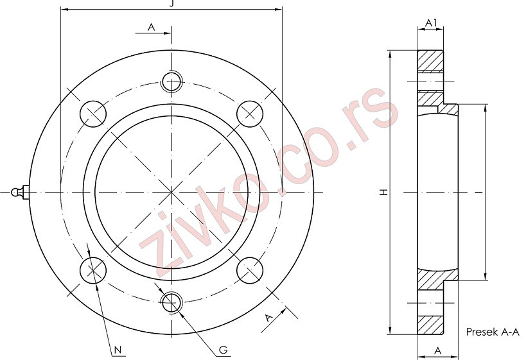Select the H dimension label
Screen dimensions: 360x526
(x=382, y=192)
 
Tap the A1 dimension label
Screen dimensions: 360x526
(x=431, y=23)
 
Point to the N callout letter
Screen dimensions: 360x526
(x=118, y=350)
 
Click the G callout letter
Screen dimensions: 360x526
(x=222, y=350)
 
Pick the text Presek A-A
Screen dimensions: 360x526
(x=492, y=332)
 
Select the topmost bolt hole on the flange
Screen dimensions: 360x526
(x=171, y=81)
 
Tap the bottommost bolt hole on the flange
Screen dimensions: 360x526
(x=171, y=302)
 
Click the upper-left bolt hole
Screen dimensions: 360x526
(x=93, y=114)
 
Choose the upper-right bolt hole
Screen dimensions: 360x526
(x=250, y=114)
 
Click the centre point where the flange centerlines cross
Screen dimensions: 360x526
(x=171, y=191)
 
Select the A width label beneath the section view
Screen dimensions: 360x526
(x=437, y=350)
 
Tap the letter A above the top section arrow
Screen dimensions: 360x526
(x=152, y=27)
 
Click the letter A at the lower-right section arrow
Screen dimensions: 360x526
(x=269, y=318)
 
